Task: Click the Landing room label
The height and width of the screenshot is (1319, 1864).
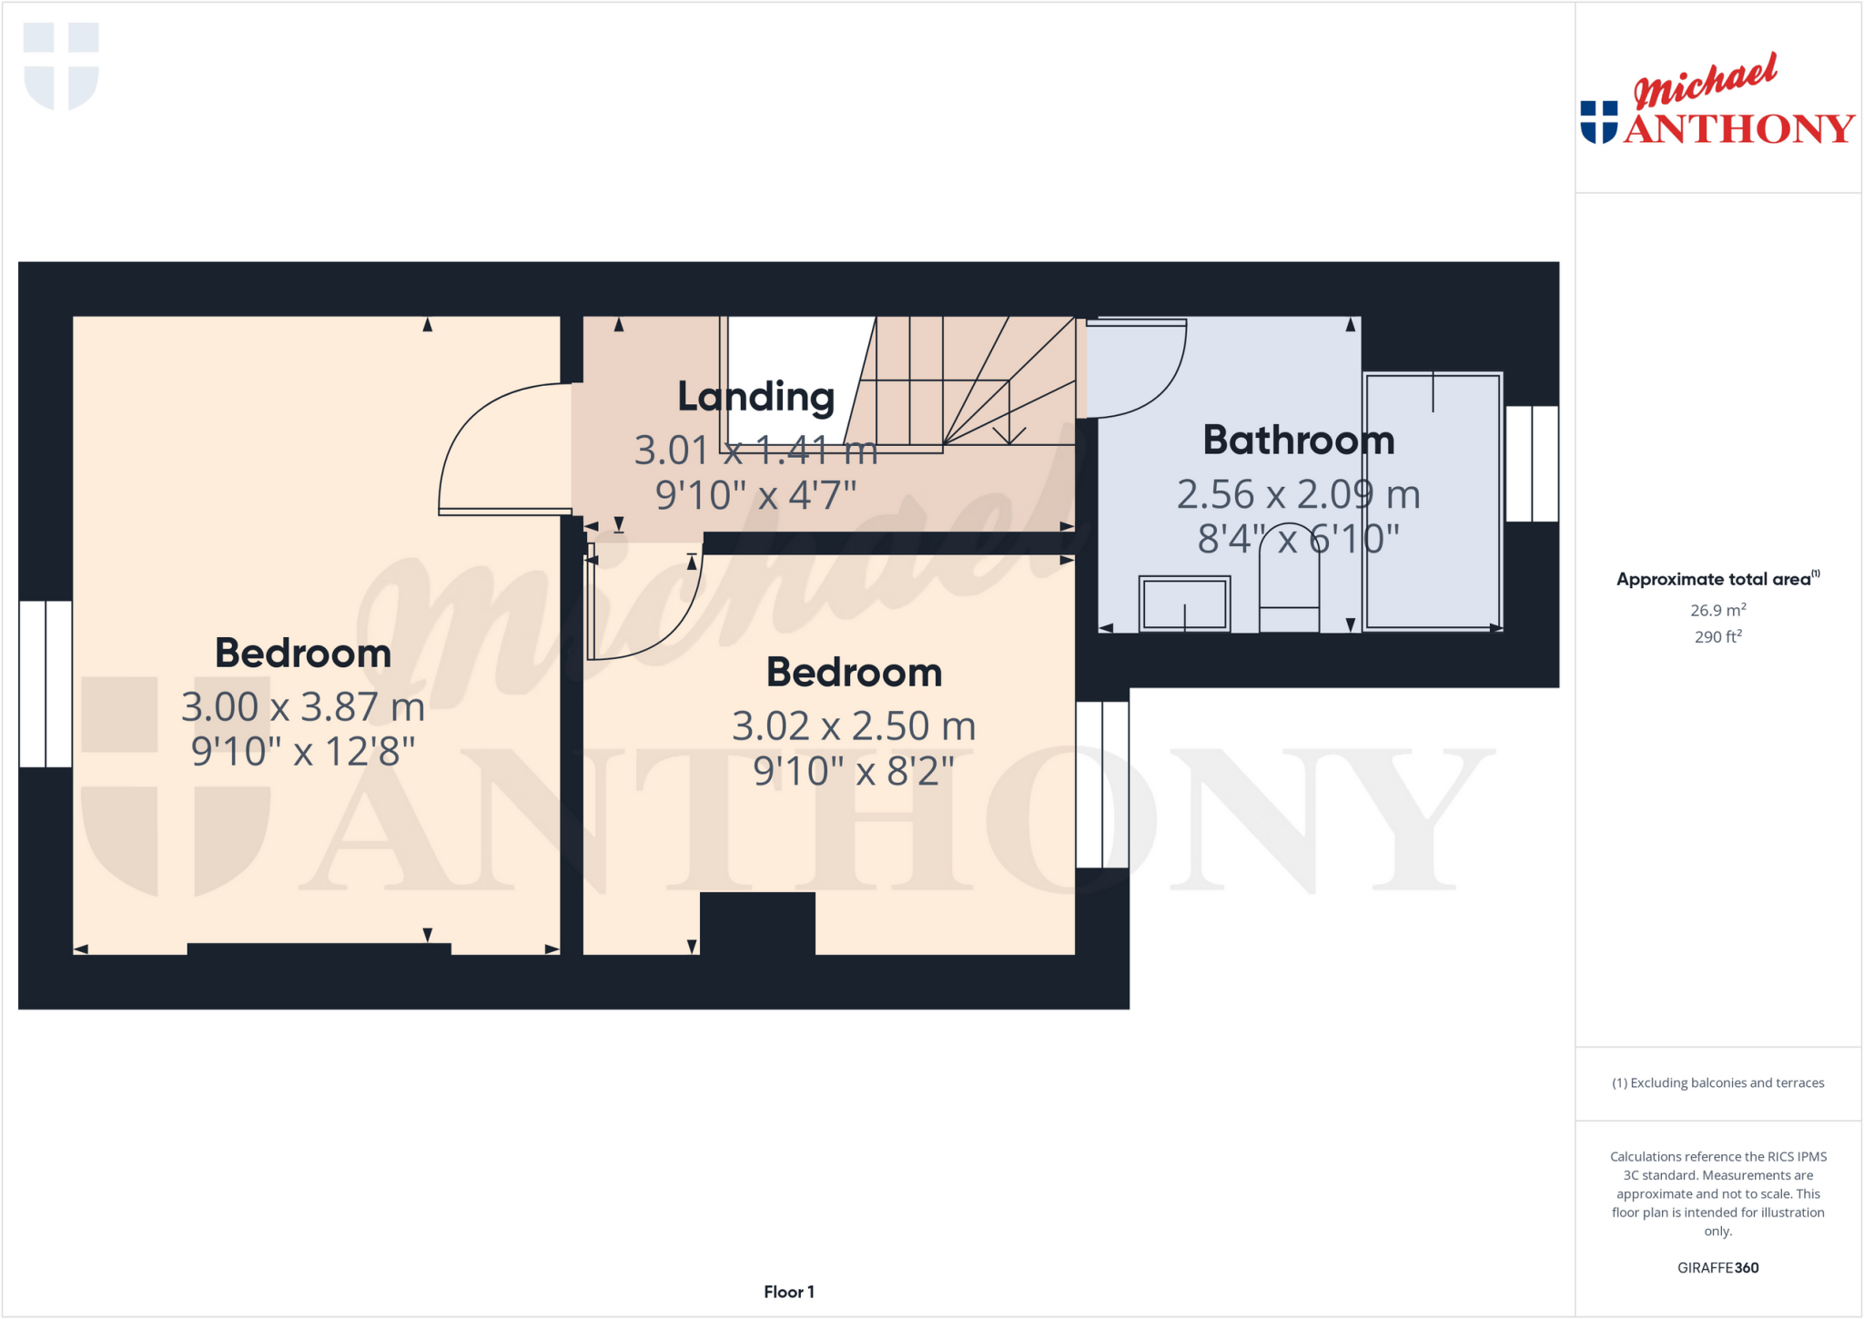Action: (x=755, y=397)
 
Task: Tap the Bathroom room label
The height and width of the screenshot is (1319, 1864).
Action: (x=1299, y=441)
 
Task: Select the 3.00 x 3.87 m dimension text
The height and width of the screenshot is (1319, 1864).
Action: (x=303, y=707)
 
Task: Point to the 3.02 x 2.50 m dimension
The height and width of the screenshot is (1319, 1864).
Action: (x=854, y=726)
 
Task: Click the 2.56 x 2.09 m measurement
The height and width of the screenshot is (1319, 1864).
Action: (x=1299, y=494)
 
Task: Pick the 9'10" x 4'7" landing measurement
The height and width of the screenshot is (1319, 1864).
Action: (x=755, y=496)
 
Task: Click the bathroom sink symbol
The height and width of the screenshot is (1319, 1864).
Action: (x=1184, y=604)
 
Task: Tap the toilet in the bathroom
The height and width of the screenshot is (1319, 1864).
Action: (x=1289, y=583)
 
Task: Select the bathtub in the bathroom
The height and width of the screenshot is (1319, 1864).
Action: (x=1433, y=501)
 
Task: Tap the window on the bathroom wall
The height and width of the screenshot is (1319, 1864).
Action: (x=1532, y=463)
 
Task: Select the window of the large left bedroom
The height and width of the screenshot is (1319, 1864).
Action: (x=46, y=684)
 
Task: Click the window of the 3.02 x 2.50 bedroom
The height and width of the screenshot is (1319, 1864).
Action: (x=1102, y=784)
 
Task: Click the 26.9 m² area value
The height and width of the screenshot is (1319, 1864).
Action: (x=1717, y=610)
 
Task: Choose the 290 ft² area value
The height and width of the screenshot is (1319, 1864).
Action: (x=1717, y=636)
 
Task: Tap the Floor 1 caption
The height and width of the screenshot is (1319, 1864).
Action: (x=788, y=1292)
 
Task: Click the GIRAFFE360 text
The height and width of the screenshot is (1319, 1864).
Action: (x=1717, y=1267)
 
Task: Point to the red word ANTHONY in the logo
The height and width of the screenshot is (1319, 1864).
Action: (x=1738, y=129)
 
